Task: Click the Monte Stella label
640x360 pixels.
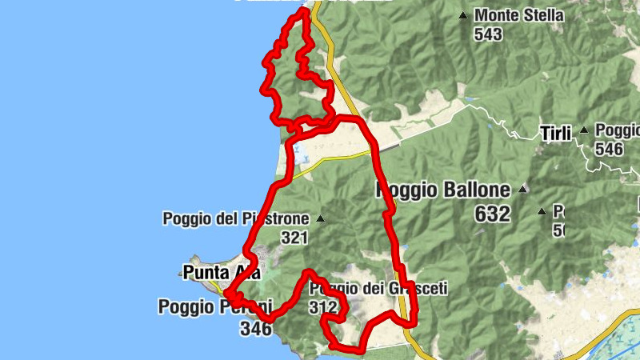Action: [x=519, y=15]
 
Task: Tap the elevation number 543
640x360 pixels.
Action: [x=488, y=34]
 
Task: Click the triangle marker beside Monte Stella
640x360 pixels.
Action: [x=463, y=15]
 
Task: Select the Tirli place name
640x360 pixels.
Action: [x=555, y=134]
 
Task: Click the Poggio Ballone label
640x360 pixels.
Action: [x=442, y=190]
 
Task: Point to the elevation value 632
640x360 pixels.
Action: [x=492, y=214]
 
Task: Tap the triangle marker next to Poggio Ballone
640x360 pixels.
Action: [x=523, y=190]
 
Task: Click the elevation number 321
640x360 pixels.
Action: [x=294, y=238]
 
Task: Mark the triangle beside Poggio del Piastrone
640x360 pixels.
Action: [x=320, y=218]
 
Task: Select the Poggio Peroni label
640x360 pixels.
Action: [x=215, y=306]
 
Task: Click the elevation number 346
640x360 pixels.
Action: [x=257, y=327]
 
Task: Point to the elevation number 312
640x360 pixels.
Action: [x=322, y=307]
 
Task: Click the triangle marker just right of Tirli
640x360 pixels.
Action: [x=584, y=130]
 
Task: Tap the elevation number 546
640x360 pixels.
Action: [x=610, y=149]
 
